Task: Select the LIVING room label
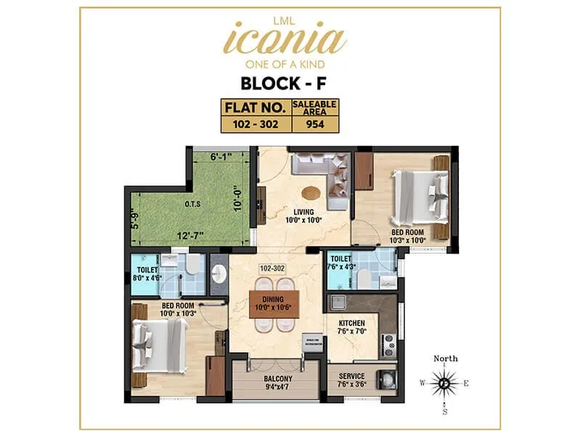click(302, 211)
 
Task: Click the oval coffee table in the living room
click(311, 193)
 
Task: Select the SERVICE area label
click(351, 376)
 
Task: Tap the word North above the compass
click(446, 359)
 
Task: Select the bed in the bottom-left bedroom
click(163, 341)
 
